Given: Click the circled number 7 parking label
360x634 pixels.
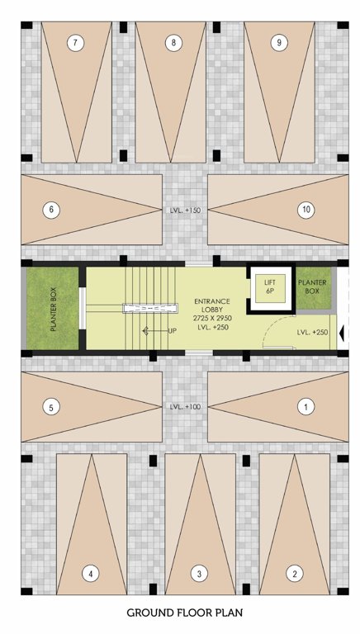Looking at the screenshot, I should click(77, 42).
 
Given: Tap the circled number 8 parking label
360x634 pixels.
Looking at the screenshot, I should click(172, 42).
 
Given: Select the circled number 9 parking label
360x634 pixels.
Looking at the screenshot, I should click(280, 42).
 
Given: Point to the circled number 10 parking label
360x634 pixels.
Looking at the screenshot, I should click(306, 210).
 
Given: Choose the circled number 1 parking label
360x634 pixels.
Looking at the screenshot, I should click(306, 406).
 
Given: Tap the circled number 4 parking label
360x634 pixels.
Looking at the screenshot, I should click(92, 573).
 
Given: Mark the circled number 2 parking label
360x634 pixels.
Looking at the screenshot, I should click(291, 573).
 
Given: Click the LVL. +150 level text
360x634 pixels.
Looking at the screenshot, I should click(184, 211).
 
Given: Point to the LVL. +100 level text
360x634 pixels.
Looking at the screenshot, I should click(184, 407).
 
